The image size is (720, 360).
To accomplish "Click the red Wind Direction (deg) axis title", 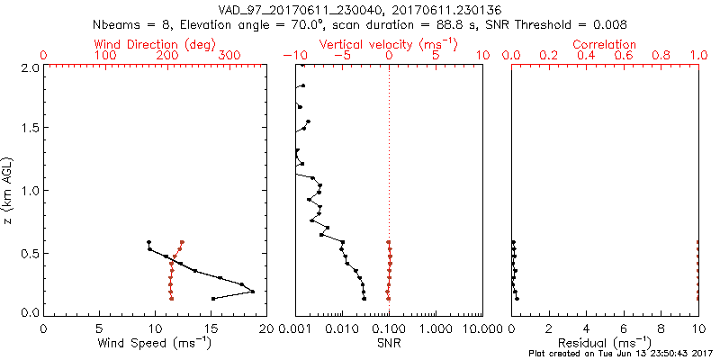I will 155,44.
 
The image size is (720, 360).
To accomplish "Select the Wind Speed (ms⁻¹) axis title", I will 155,342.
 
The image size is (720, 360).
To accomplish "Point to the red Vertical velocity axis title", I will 389,44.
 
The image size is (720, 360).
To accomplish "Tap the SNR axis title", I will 389,342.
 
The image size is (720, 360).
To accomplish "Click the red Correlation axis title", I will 605,44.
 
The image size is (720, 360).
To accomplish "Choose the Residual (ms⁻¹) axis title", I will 605,342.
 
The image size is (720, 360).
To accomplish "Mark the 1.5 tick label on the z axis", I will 30,128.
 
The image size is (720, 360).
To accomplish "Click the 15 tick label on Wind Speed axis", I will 210,328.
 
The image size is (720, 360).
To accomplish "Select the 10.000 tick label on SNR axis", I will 482,328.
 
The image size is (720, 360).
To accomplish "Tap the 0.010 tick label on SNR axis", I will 342,328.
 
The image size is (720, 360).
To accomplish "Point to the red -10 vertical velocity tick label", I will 296,56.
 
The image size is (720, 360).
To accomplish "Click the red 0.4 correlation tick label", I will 587,56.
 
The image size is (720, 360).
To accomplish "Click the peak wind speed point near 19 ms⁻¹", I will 253,292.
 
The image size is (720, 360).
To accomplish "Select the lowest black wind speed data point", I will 213,298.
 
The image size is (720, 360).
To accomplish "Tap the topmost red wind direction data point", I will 182,242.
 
